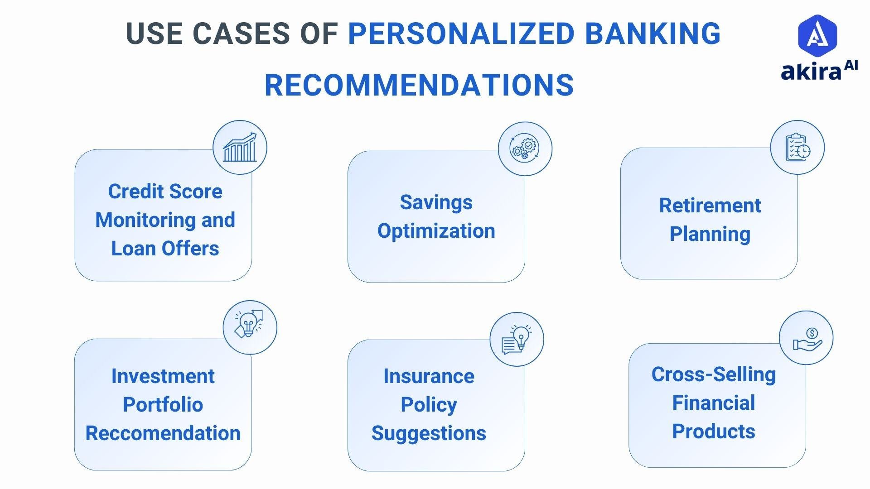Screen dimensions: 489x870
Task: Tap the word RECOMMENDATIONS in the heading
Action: tap(419, 85)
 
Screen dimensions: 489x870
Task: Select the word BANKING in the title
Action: tap(652, 34)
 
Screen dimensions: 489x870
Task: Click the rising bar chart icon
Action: tap(240, 147)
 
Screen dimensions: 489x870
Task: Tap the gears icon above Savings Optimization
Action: tap(525, 149)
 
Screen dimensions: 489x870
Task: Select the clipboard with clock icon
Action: tap(797, 147)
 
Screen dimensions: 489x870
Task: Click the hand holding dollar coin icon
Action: tap(806, 338)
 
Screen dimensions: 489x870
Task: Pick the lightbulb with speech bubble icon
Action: tap(517, 339)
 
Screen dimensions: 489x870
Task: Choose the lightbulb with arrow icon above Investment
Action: tap(249, 327)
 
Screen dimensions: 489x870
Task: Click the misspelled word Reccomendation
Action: tap(163, 433)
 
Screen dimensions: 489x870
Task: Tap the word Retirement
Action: tap(710, 206)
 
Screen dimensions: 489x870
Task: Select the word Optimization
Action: tap(436, 231)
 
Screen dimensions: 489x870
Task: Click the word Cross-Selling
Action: tap(713, 374)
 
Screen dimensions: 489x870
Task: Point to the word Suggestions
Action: tap(429, 433)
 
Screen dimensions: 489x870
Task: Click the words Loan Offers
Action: tap(165, 249)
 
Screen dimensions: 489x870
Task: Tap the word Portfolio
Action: tap(163, 405)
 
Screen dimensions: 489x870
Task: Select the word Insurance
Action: tap(429, 376)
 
